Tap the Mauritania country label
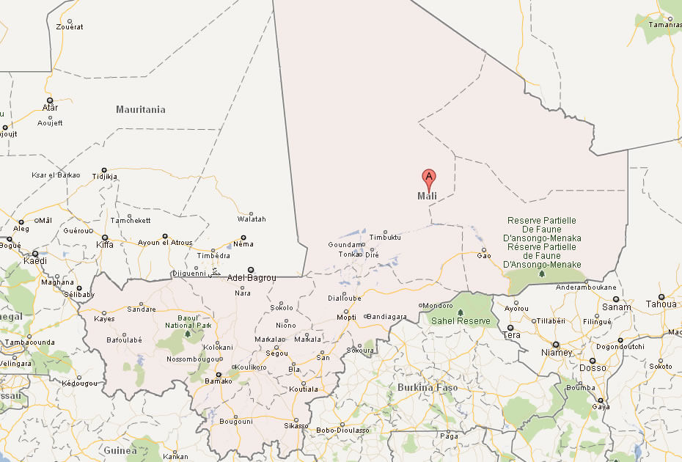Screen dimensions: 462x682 click(141, 109)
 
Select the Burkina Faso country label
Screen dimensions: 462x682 click(428, 387)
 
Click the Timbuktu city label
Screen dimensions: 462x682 click(385, 238)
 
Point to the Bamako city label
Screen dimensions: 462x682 click(218, 381)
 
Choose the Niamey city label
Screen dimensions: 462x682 click(556, 353)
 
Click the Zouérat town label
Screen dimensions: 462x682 click(70, 27)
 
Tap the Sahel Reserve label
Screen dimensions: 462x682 click(461, 321)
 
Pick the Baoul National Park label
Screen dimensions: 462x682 click(188, 321)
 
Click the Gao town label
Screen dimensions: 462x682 click(484, 255)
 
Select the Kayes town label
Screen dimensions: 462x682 click(104, 319)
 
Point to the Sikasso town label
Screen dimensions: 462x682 click(296, 425)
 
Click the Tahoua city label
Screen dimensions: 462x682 click(661, 304)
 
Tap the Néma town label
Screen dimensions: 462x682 click(243, 244)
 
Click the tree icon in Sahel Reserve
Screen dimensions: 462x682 click(461, 312)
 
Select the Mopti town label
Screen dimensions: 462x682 click(346, 318)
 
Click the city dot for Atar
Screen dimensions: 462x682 click(50, 100)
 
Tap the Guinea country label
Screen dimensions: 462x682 click(120, 450)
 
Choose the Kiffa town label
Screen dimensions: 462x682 click(105, 244)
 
